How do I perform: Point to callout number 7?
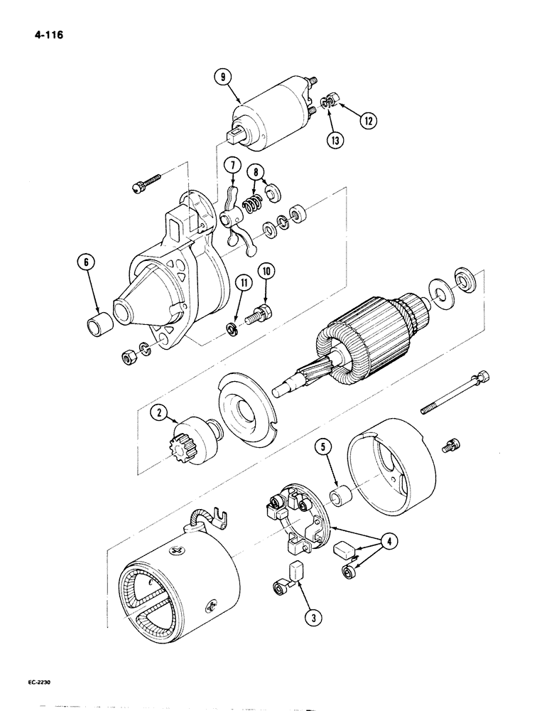(232, 166)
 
